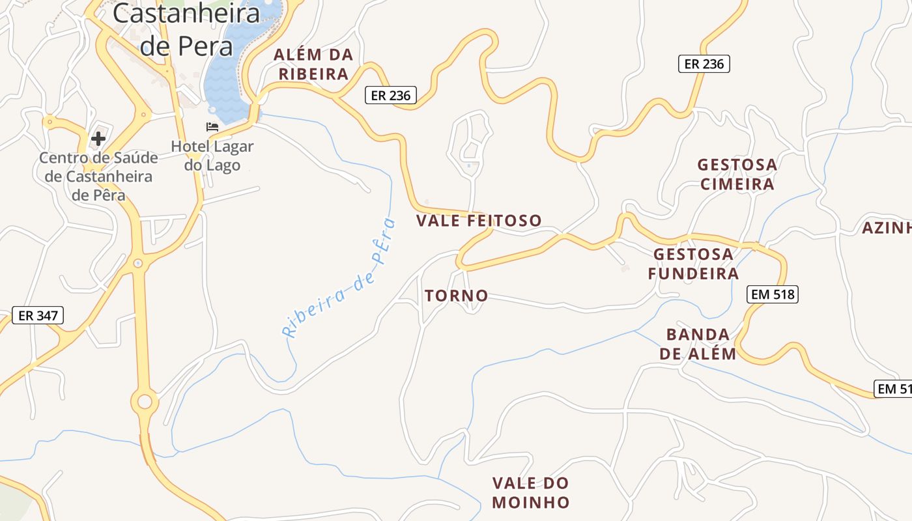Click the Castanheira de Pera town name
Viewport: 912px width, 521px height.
coord(186,29)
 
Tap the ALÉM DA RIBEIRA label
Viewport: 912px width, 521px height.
coord(313,64)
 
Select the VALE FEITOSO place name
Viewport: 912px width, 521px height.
coord(479,221)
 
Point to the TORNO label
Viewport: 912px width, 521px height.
coord(456,296)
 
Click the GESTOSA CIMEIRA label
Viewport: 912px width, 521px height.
coord(737,174)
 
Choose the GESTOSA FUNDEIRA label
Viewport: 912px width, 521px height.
coord(693,263)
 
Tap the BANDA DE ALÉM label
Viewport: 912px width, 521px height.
coord(698,344)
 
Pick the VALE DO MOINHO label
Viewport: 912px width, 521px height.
coord(531,492)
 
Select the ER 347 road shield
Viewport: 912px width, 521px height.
coord(38,316)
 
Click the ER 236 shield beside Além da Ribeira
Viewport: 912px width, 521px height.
coord(390,95)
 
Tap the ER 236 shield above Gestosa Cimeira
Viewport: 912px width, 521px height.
coord(704,64)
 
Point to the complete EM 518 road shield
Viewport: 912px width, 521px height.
coord(773,294)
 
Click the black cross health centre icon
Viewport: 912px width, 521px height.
coord(98,138)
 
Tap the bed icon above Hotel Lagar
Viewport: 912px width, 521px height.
coord(212,127)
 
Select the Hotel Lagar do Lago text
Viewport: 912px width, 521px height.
coord(212,156)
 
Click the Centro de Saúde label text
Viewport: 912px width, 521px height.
coord(98,176)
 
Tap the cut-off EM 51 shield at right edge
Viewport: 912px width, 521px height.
coord(894,389)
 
